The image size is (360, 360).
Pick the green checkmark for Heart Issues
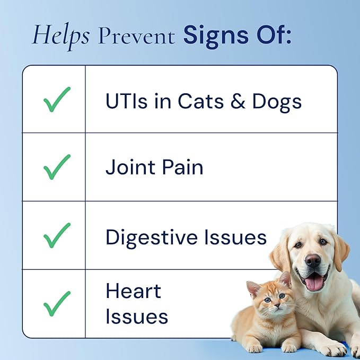[57, 303]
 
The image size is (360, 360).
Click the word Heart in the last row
[133, 291]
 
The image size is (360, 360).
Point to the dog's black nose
[312, 260]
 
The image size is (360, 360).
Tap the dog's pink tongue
[314, 282]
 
